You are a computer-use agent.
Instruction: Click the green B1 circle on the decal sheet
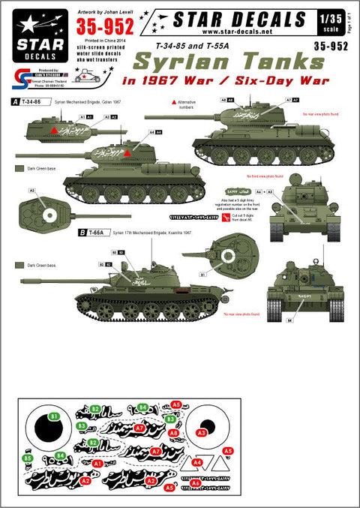pyautogui.click(x=55, y=415)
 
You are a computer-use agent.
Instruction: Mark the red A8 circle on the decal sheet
pyautogui.click(x=173, y=433)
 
